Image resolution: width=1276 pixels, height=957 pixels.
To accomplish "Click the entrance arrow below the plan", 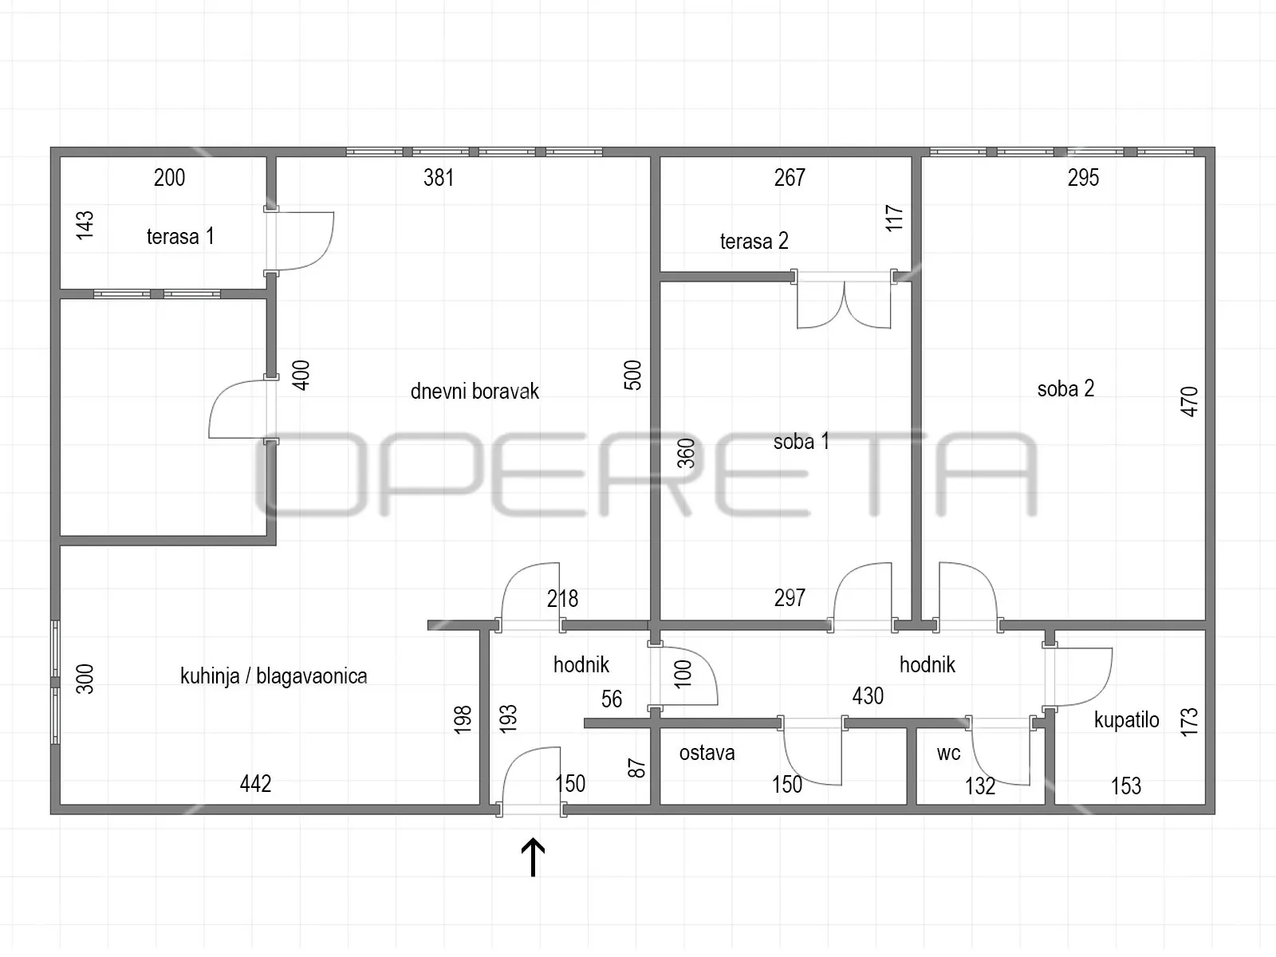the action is tap(533, 857).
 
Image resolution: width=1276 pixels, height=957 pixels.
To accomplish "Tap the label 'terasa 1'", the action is tap(180, 237).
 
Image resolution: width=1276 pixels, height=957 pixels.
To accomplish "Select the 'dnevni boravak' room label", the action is tap(475, 391).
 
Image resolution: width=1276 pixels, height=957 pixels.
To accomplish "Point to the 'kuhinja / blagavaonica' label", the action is tap(274, 675).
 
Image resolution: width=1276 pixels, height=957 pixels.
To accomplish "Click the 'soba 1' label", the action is tap(801, 442).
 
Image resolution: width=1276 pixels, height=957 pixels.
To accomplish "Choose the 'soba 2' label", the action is tap(1065, 388).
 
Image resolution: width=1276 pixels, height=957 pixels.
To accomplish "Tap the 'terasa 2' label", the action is tap(754, 241).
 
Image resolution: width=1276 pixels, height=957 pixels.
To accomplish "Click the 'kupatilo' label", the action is tap(1126, 720).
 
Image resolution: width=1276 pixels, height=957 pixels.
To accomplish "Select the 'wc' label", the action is tap(948, 753).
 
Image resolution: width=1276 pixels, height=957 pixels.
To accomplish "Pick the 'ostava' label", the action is tap(707, 753).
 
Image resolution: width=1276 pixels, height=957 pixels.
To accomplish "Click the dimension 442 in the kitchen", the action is tap(255, 784).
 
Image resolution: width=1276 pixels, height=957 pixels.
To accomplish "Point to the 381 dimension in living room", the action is tap(439, 178).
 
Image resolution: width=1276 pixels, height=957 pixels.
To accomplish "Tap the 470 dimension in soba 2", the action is tap(1189, 401).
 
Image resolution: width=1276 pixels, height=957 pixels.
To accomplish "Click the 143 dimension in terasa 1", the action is tap(85, 225).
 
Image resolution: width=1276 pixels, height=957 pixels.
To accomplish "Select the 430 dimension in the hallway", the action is tap(868, 695).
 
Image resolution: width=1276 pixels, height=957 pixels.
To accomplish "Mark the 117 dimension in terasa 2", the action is tap(894, 218).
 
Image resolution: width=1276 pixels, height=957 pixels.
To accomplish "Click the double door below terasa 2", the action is tap(844, 302).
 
